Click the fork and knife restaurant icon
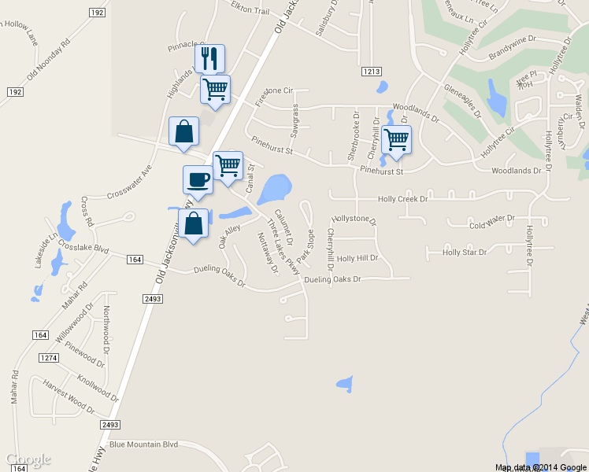pos(209,58)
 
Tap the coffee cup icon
pos(198,179)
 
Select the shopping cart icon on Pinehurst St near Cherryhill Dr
pos(396,139)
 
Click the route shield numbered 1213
pos(372,72)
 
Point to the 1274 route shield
pos(49,358)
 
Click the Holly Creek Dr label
pos(402,200)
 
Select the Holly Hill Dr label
pos(357,258)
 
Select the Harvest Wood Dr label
pos(69,398)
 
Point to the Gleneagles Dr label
pos(462,100)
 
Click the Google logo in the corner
pos(28,459)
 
